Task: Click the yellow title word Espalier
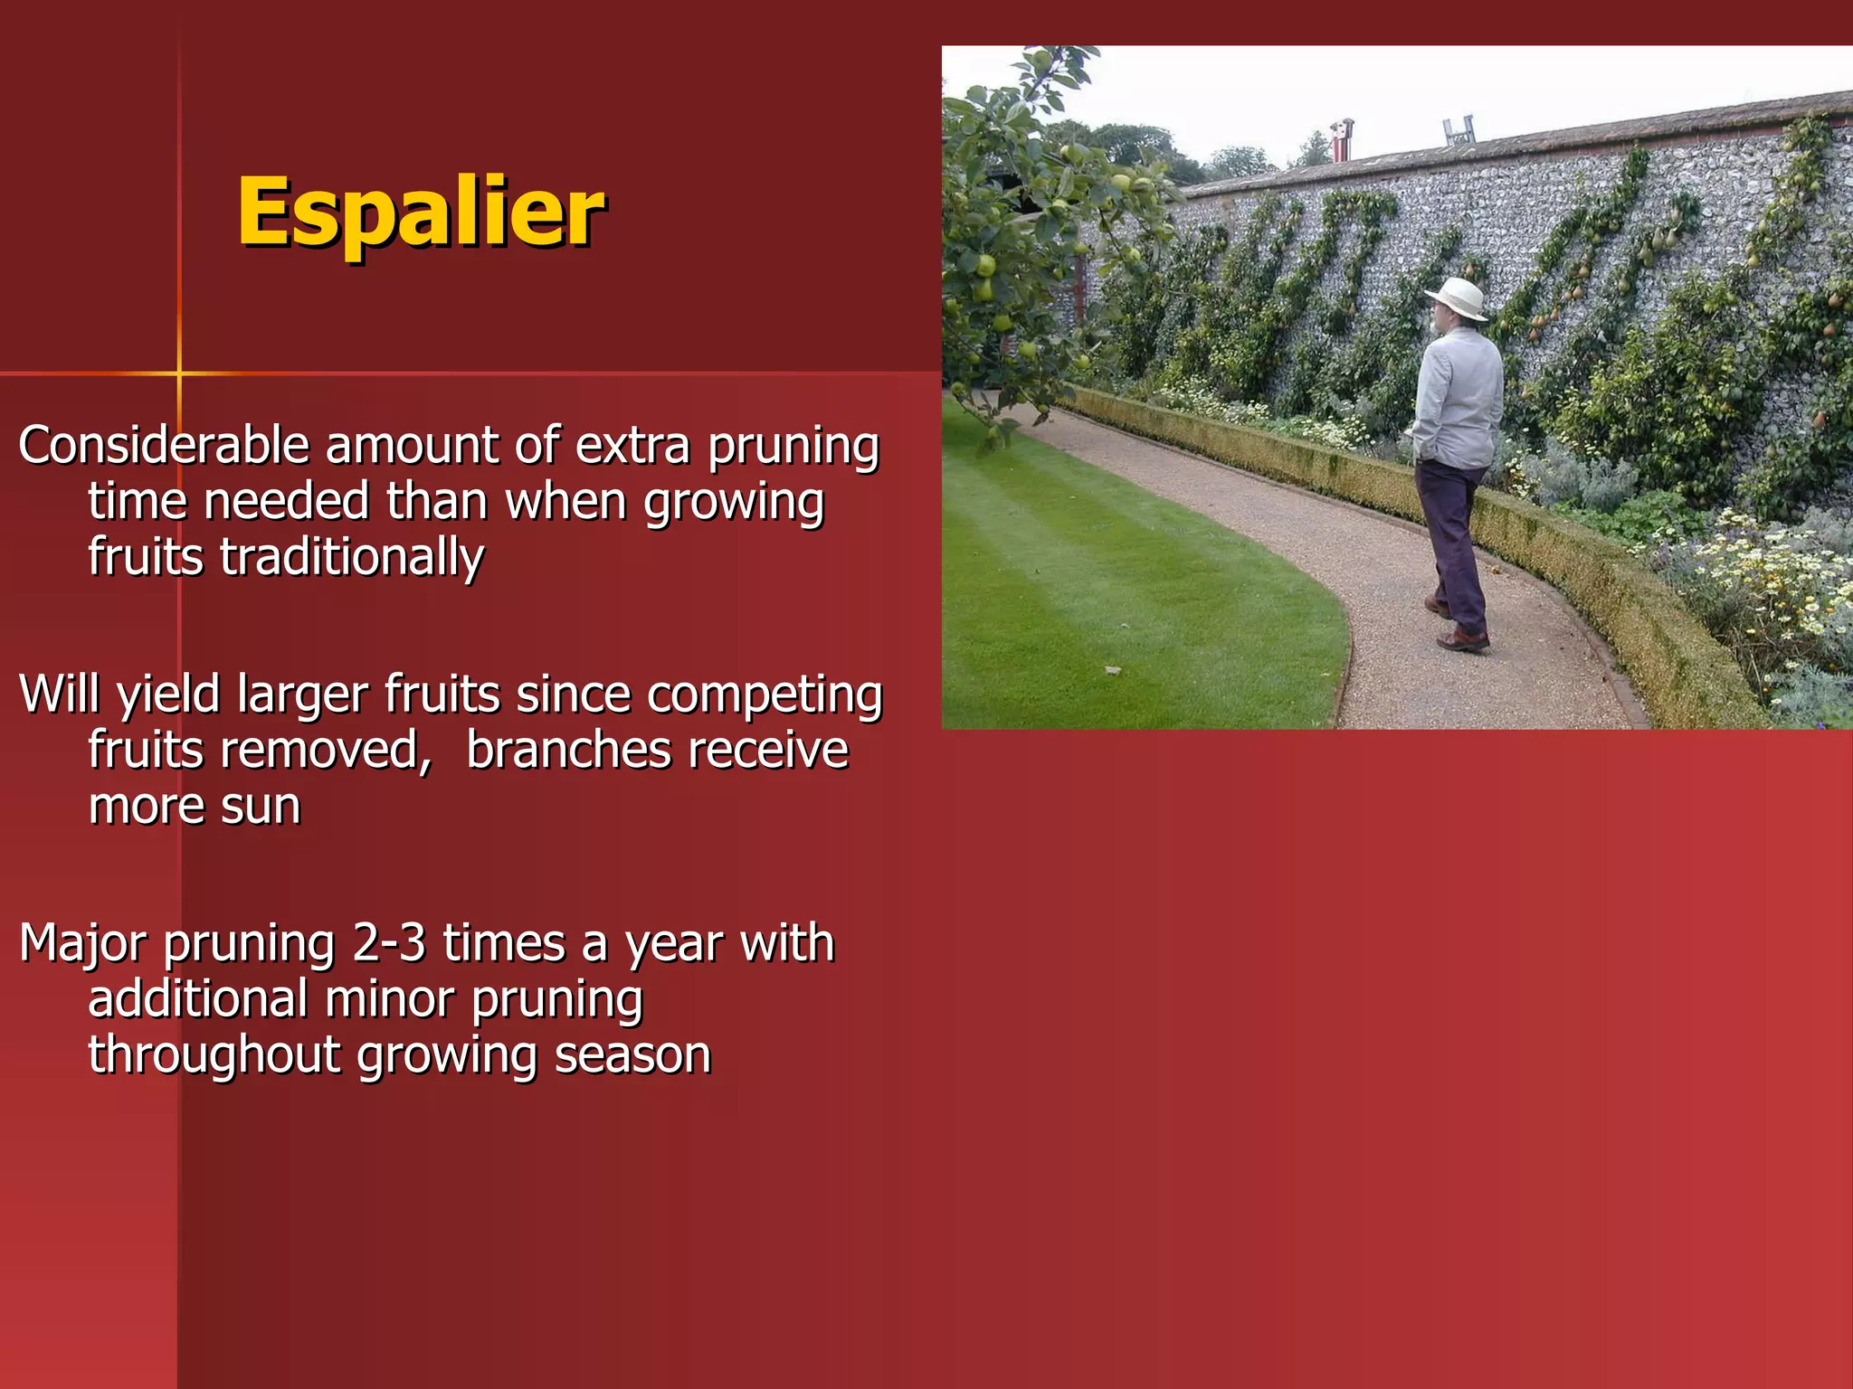(x=421, y=213)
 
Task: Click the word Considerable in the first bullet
(x=164, y=446)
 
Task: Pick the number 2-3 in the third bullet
(x=388, y=943)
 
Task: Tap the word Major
(x=82, y=943)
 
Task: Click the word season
(x=632, y=1055)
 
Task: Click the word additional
(x=198, y=999)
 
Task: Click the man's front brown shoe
(x=1462, y=640)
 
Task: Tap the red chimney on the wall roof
(x=1342, y=140)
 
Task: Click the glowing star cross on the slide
(x=179, y=373)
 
